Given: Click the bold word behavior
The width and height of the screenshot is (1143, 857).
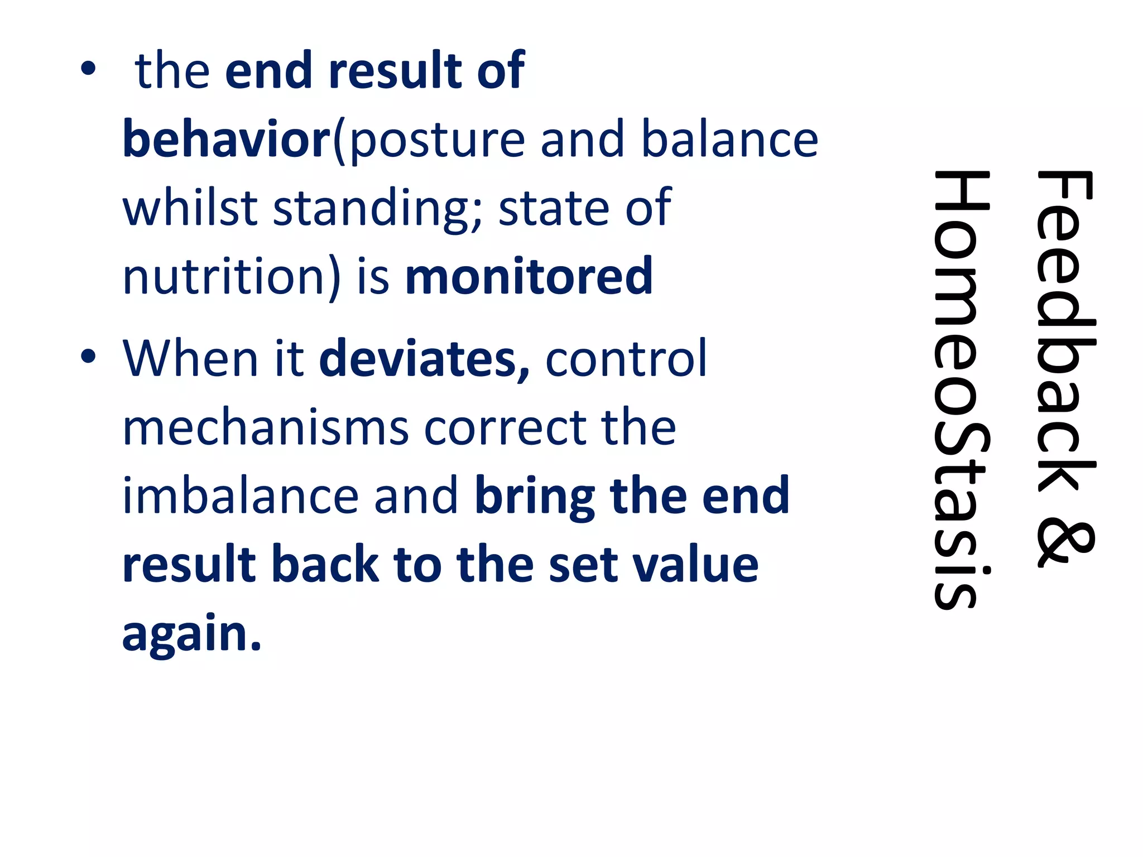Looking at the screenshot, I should point(227,138).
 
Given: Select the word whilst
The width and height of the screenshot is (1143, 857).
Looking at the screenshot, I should point(190,207).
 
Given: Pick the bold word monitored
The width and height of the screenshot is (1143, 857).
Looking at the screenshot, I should point(529,276).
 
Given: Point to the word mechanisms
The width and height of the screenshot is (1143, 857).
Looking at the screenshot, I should point(266,427).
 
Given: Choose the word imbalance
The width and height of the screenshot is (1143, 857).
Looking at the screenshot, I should point(241,496).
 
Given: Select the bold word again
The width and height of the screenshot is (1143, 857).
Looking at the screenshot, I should point(191,635).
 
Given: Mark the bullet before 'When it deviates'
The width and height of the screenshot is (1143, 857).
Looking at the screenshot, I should point(88,357).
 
